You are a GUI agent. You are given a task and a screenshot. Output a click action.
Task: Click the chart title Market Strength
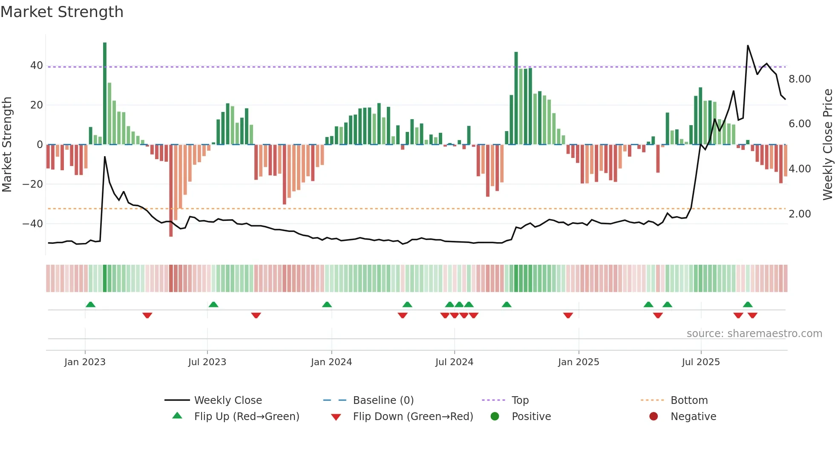[x=62, y=12]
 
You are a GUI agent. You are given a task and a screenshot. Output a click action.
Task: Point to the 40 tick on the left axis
[x=37, y=66]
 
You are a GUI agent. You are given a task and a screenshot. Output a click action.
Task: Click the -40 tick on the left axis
[x=33, y=224]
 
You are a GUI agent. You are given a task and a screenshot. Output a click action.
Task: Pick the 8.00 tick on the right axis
[x=800, y=79]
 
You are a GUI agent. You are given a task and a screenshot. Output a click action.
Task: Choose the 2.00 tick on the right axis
[x=800, y=214]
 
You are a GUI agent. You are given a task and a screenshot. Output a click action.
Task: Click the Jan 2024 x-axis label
[x=331, y=362]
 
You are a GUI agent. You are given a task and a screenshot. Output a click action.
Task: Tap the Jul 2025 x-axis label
[x=701, y=362]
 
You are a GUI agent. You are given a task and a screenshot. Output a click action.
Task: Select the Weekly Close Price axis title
[x=827, y=144]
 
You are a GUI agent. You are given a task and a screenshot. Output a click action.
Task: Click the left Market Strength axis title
[x=7, y=144]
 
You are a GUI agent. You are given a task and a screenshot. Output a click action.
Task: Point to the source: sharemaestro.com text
[x=754, y=334]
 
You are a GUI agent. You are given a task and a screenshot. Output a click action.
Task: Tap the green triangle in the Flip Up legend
[x=177, y=416]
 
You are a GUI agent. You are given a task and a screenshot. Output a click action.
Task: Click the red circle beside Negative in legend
[x=654, y=416]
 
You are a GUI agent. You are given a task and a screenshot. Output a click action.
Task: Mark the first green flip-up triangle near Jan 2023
[x=90, y=304]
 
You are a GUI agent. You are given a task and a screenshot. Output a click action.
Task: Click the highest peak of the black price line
[x=748, y=46]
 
